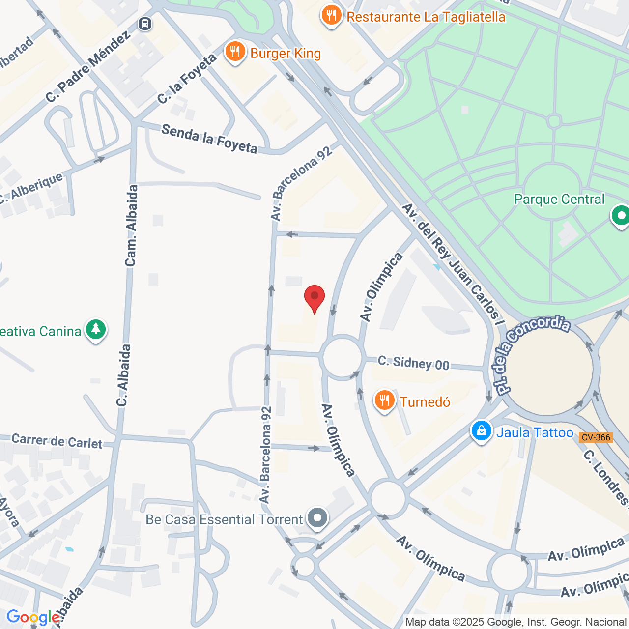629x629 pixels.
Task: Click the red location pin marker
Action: tap(314, 297)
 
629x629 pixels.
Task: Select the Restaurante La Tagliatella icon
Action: tap(332, 16)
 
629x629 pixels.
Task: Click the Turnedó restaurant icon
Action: tap(384, 401)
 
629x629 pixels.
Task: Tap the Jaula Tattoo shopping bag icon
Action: tap(482, 431)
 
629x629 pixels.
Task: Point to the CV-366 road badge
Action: tap(596, 437)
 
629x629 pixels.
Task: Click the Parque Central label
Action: tap(559, 199)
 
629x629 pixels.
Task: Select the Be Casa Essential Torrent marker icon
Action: tap(317, 518)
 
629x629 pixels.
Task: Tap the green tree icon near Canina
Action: tap(96, 330)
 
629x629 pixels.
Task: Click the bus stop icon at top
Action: tap(145, 23)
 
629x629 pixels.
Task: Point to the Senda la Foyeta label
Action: tap(209, 139)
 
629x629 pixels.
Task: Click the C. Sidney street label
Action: tap(413, 363)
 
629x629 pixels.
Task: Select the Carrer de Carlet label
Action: tap(57, 441)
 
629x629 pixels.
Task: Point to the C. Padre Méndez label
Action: tap(88, 66)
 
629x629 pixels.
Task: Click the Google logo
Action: tap(33, 617)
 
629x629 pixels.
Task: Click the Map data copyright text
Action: tap(515, 622)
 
